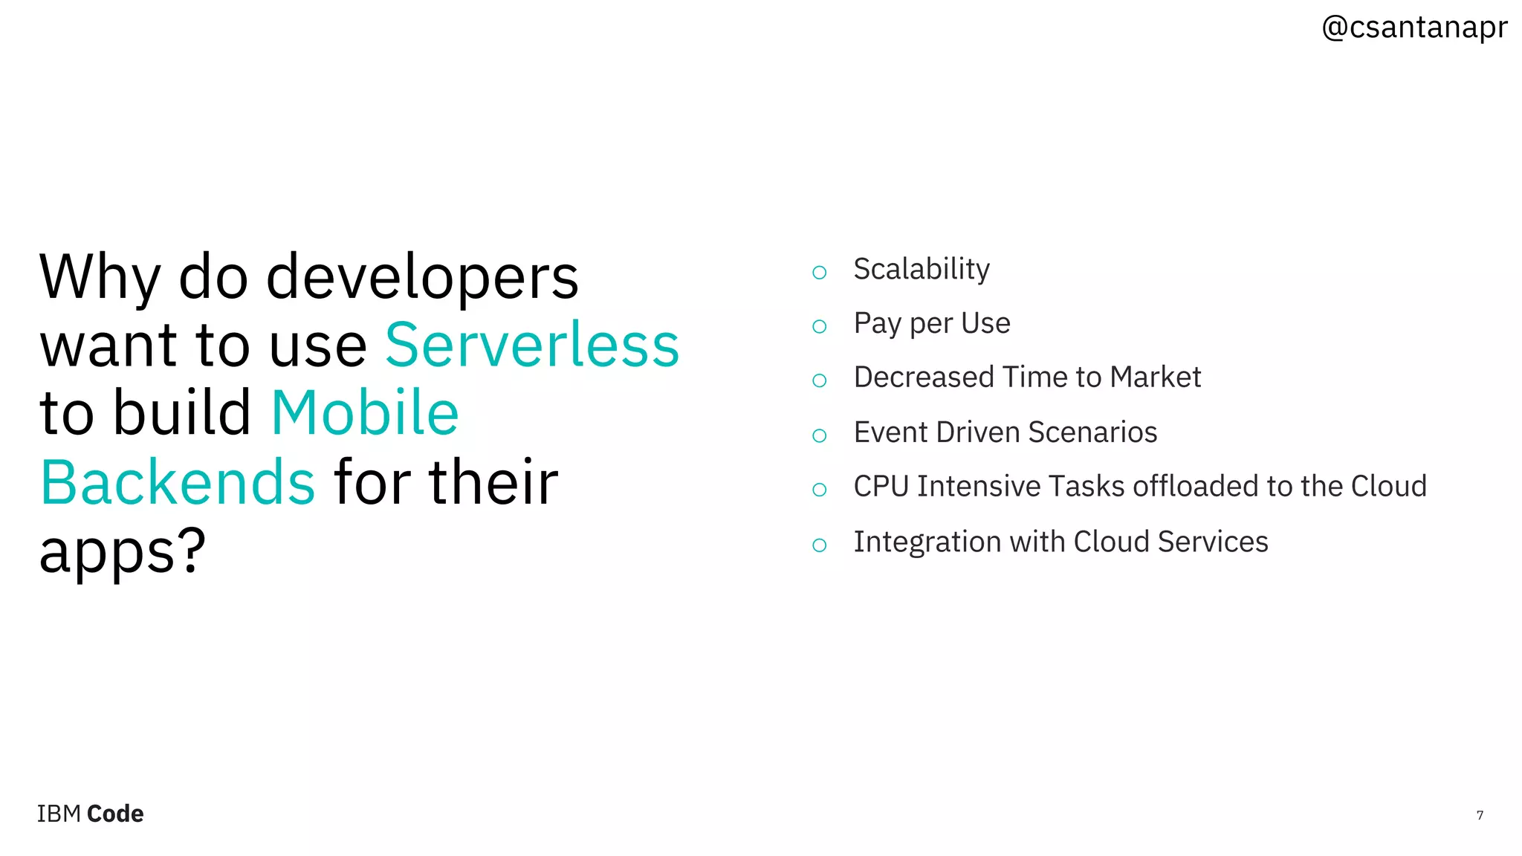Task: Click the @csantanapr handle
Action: tap(1413, 28)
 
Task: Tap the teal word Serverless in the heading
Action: tap(531, 346)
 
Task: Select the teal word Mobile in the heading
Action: tap(365, 413)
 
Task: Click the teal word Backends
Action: tap(178, 482)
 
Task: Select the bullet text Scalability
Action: tap(921, 270)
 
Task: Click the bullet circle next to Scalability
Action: tap(819, 273)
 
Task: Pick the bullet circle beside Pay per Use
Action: tap(819, 327)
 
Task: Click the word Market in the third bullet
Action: tap(1155, 377)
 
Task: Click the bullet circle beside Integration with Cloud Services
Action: tap(819, 545)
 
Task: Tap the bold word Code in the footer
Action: tap(115, 814)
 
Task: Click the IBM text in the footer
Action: tap(59, 814)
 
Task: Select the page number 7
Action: tap(1479, 815)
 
